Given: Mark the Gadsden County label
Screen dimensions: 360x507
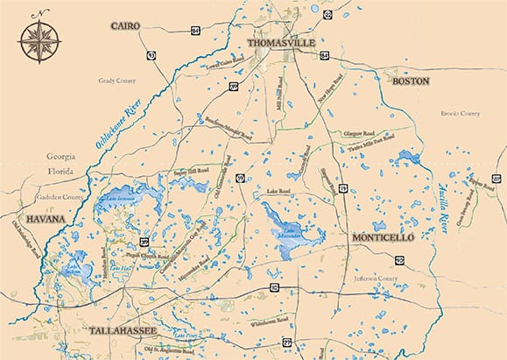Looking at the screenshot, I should pos(61,198).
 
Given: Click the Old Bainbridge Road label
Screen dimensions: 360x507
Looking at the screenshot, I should pos(25,241).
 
